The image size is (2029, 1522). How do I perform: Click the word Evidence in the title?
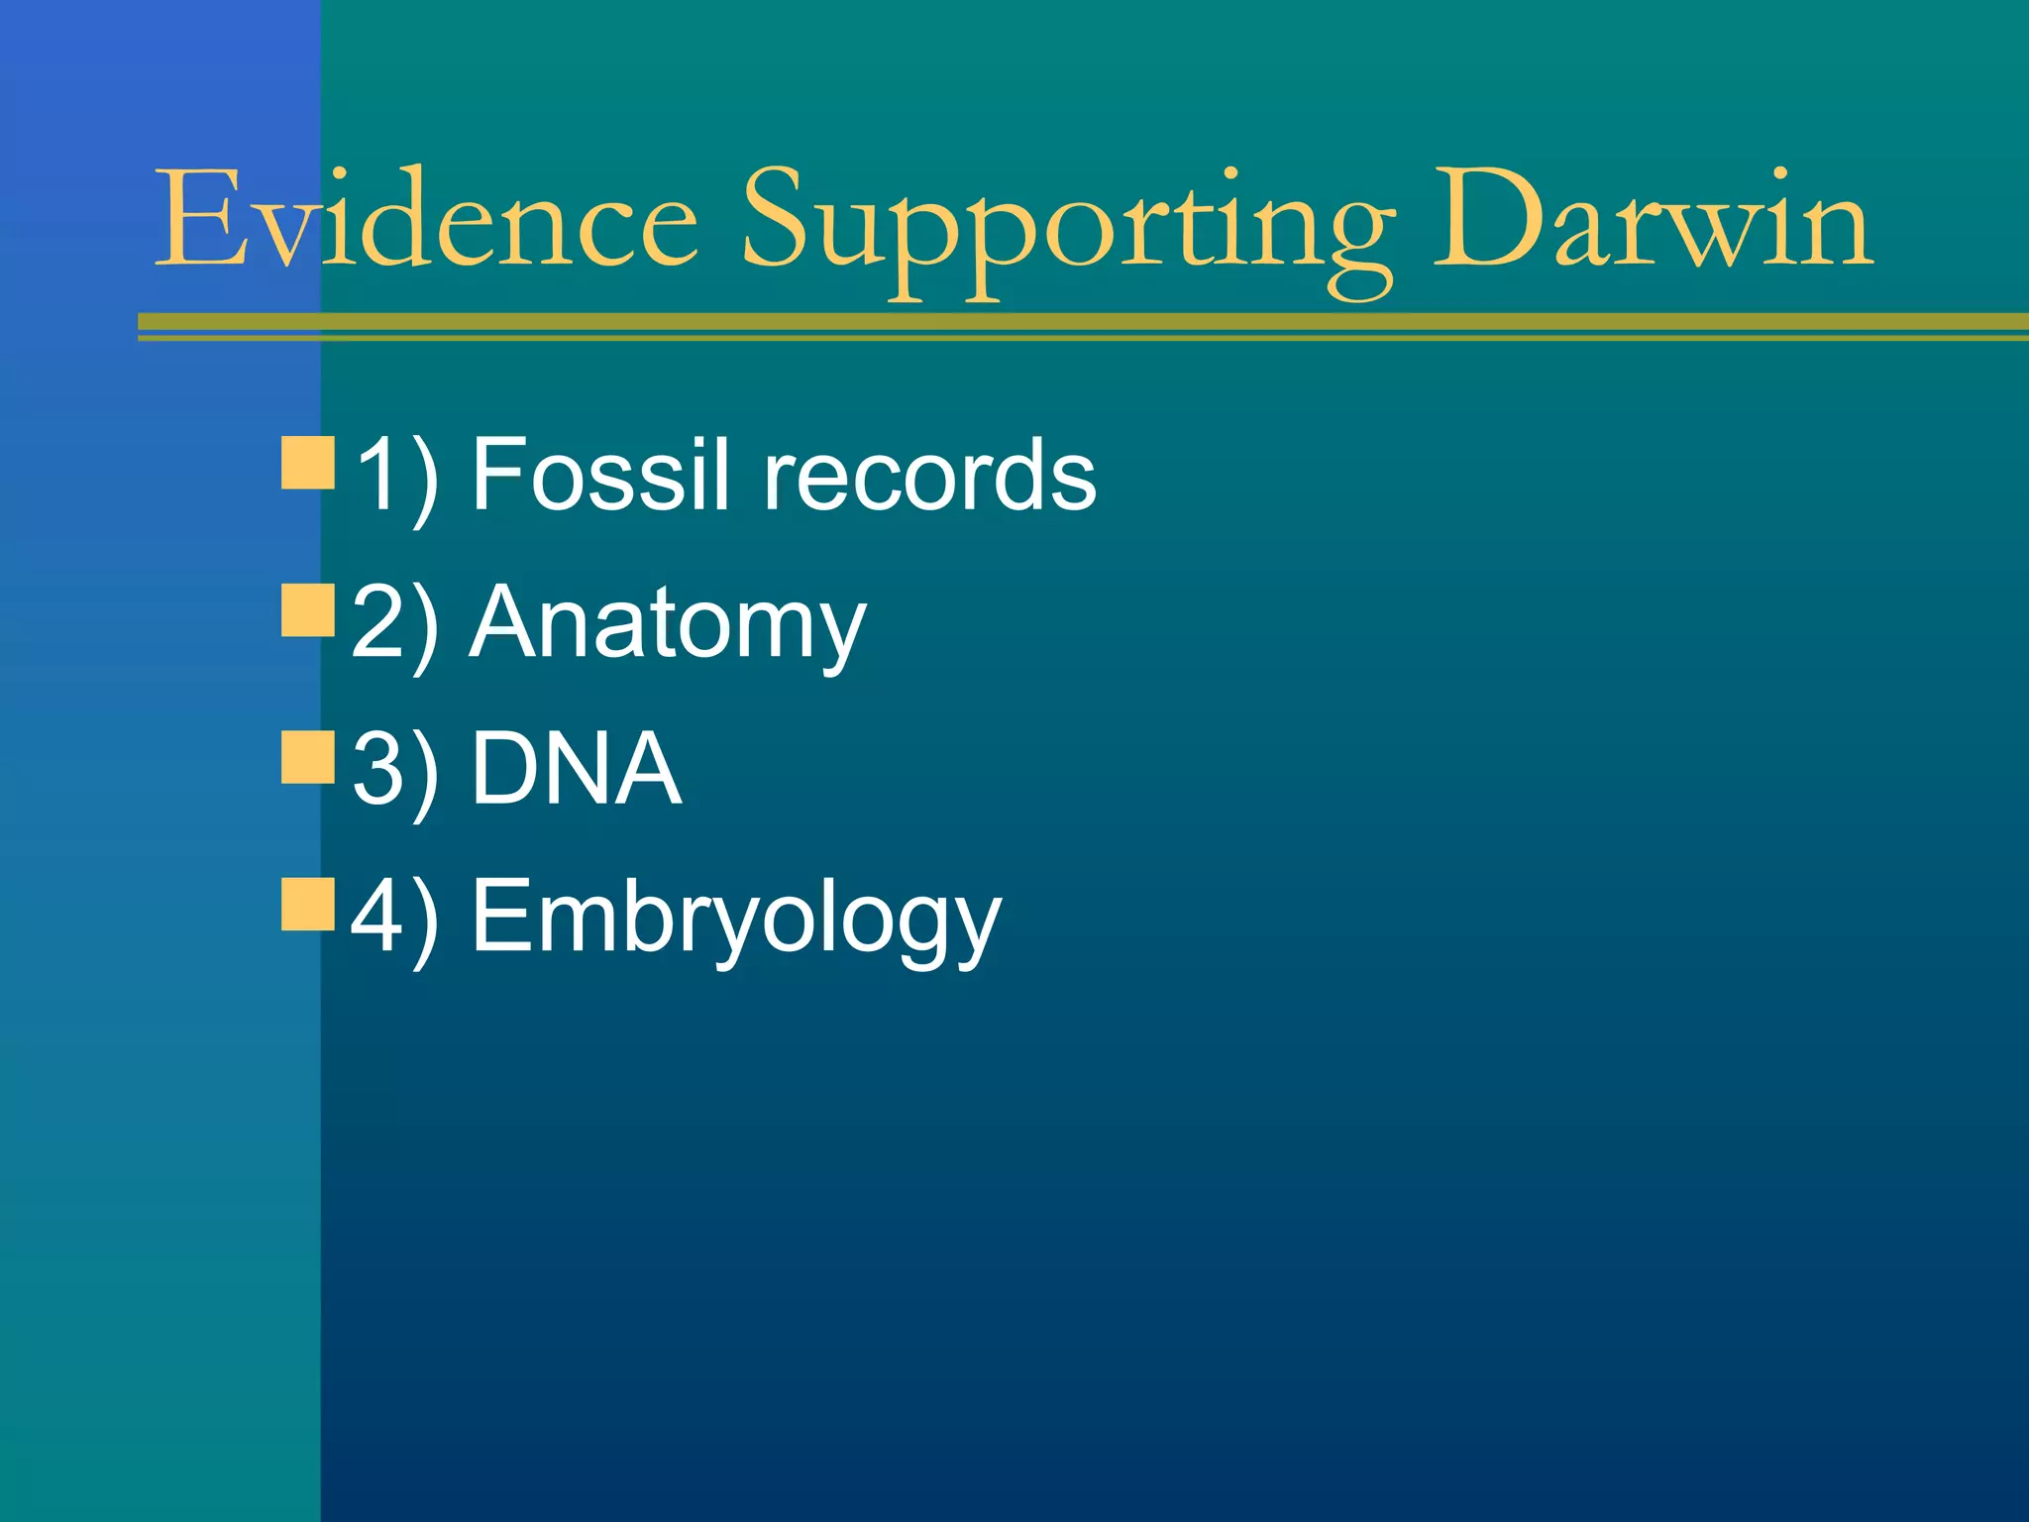tap(427, 219)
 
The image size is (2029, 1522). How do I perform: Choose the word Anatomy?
tap(668, 625)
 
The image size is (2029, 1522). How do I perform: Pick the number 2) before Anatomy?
tap(394, 624)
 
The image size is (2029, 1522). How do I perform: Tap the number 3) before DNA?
tap(394, 770)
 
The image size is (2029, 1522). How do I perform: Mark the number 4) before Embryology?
tap(394, 917)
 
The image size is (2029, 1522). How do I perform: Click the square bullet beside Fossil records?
tap(308, 463)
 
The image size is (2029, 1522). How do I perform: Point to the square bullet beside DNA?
tap(308, 757)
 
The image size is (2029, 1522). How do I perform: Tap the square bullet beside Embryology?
tap(308, 903)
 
